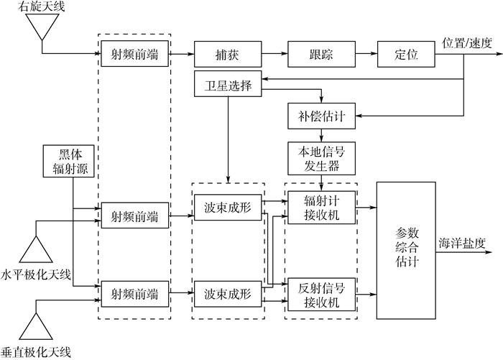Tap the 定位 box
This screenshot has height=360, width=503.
407,54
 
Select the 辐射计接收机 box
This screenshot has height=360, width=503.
322,207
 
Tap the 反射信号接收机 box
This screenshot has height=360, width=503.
322,295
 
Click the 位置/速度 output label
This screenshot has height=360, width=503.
468,42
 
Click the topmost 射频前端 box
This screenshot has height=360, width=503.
134,54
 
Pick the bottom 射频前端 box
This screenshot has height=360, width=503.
134,295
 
